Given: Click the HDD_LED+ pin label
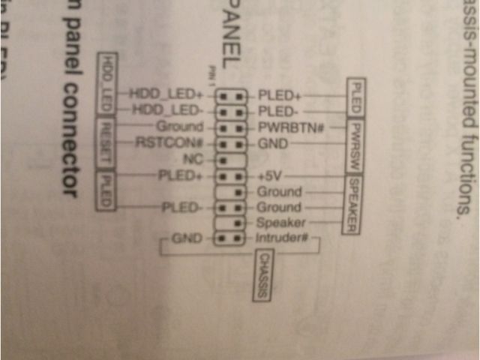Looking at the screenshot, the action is coord(166,94).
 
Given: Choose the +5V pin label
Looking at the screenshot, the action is coord(269,176).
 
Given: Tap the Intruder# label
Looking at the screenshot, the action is coord(283,240).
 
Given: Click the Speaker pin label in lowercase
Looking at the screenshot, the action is coord(279,223).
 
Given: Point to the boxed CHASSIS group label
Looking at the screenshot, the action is coord(262,276).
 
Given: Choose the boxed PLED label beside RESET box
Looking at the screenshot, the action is coord(106,191).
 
